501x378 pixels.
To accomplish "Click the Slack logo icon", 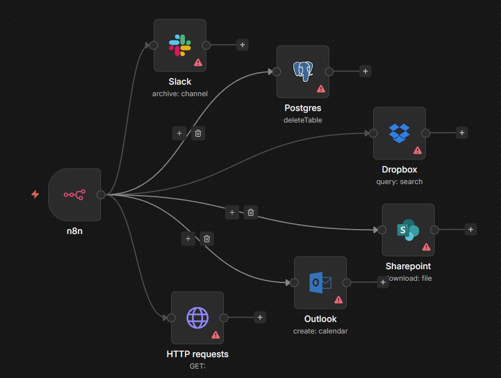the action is [180, 45].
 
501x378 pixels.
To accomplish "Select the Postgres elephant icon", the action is [303, 71].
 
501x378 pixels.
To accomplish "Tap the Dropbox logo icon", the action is [399, 133].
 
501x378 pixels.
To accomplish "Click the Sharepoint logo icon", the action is [408, 230].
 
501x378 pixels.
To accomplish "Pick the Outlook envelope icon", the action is [320, 283].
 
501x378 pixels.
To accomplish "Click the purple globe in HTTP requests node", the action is [198, 318].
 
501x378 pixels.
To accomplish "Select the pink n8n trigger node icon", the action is [75, 194].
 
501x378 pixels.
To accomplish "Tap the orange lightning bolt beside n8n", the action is [35, 194].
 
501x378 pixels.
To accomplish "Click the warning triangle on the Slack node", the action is [198, 63].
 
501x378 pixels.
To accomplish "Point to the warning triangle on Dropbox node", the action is [418, 151].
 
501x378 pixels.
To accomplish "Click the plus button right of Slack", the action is [243, 45].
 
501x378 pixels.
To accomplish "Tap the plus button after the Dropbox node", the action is [461, 133].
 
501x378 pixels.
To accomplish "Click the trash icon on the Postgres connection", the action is [198, 133].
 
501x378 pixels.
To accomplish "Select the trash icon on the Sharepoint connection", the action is [251, 212].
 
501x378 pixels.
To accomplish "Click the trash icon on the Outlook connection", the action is [207, 238].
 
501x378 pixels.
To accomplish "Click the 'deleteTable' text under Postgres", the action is [303, 120].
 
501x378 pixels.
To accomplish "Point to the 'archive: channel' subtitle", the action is [180, 94].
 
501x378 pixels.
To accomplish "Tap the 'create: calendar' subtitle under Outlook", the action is [320, 331].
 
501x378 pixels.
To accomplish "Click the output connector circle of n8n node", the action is [101, 194].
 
